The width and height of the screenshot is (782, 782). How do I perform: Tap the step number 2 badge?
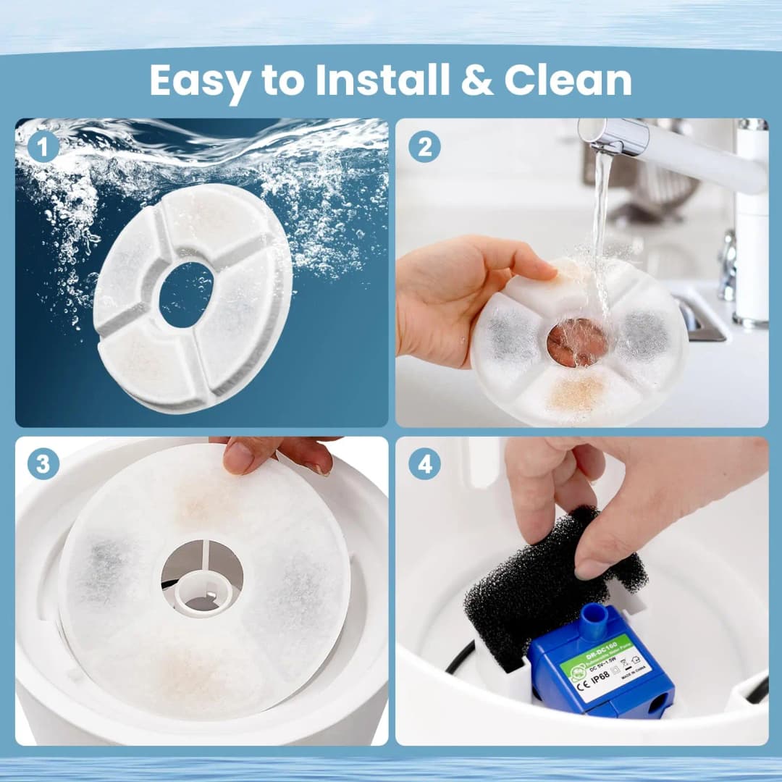424,147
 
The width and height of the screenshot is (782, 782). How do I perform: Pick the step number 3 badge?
43,464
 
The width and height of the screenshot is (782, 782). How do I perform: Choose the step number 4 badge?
424,464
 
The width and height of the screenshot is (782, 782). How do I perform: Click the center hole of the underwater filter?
186,294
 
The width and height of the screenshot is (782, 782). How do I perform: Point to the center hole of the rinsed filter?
577,342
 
